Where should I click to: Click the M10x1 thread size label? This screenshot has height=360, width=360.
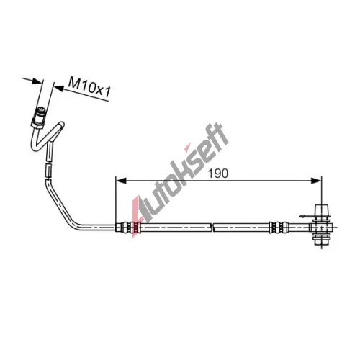[x=89, y=88]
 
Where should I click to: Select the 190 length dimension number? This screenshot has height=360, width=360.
[x=218, y=174]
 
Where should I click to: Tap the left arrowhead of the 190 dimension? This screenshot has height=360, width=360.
[x=121, y=181]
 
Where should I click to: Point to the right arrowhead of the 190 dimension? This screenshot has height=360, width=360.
[x=316, y=181]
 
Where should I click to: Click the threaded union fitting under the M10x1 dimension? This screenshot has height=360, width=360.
[x=38, y=117]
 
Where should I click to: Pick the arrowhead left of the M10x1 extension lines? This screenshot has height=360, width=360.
[x=37, y=81]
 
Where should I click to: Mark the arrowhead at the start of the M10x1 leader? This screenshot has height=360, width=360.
[x=59, y=89]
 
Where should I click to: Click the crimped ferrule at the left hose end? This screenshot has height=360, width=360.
[x=127, y=228]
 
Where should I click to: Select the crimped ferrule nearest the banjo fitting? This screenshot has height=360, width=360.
[x=278, y=227]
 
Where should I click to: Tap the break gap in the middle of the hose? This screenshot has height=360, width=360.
[x=212, y=228]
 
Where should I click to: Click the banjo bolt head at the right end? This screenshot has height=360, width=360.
[x=322, y=210]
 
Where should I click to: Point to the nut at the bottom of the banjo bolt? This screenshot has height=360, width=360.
[x=322, y=240]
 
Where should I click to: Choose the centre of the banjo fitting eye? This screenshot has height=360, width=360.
[x=322, y=227]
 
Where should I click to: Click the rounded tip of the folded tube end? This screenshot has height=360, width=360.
[x=61, y=125]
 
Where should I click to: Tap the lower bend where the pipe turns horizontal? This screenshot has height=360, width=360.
[x=73, y=222]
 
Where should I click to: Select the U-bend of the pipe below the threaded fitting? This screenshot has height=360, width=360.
[x=35, y=146]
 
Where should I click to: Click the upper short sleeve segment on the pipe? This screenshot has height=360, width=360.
[x=50, y=152]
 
